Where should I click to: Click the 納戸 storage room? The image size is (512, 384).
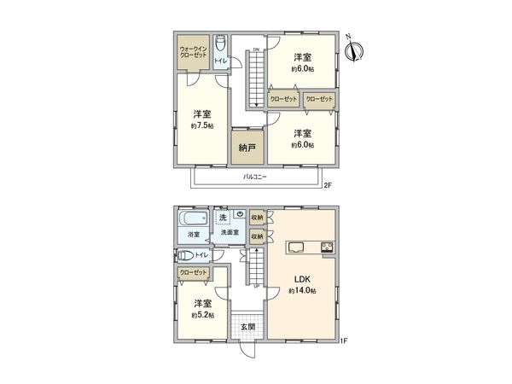(x=247, y=146)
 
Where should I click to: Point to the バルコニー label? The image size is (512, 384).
(x=254, y=177)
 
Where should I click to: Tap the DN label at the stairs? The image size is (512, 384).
(x=256, y=50)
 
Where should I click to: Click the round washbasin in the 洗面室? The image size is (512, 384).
(x=241, y=214)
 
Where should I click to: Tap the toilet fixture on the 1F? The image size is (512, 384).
(x=185, y=255)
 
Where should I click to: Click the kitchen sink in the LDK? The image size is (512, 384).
(x=296, y=248)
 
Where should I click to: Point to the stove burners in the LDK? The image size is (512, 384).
(x=326, y=248)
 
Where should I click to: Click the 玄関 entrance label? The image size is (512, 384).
(x=247, y=327)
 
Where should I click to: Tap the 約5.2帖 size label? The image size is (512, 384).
(x=202, y=315)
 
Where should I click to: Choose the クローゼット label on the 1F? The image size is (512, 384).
(x=194, y=272)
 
